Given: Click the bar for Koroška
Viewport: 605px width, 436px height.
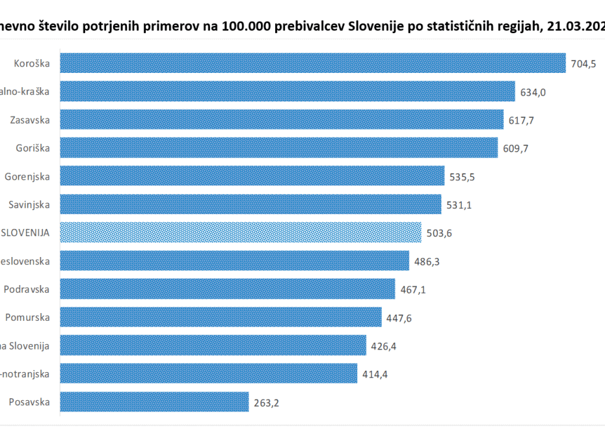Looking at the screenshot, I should click(x=312, y=63).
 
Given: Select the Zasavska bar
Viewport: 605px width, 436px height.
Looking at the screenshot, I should click(x=282, y=120).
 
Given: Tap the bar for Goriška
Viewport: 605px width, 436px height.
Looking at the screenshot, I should click(x=278, y=148).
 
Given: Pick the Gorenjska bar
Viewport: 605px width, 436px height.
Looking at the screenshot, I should click(x=252, y=176).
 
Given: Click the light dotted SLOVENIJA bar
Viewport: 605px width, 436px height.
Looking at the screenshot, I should click(x=241, y=232).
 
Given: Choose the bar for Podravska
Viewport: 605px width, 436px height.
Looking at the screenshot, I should click(x=228, y=289).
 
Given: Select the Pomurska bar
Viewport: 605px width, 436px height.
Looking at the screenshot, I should click(x=221, y=318).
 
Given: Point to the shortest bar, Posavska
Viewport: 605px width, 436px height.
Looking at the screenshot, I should click(x=154, y=402).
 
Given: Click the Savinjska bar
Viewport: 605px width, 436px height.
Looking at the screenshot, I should click(x=250, y=204).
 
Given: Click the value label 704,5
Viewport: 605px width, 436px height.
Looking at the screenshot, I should click(x=584, y=64).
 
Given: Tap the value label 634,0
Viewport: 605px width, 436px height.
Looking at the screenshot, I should click(x=533, y=92).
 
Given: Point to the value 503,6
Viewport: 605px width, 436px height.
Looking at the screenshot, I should click(x=438, y=233).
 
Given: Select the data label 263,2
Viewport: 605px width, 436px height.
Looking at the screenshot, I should click(x=266, y=402).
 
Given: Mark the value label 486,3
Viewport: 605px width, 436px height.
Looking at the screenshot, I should click(x=427, y=262).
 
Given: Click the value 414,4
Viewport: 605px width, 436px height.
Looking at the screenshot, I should click(x=375, y=374).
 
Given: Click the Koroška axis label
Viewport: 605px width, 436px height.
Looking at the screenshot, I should click(x=32, y=63).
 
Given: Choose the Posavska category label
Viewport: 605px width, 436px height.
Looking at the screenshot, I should click(x=29, y=402).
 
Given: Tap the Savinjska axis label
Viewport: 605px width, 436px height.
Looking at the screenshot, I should click(x=29, y=204).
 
